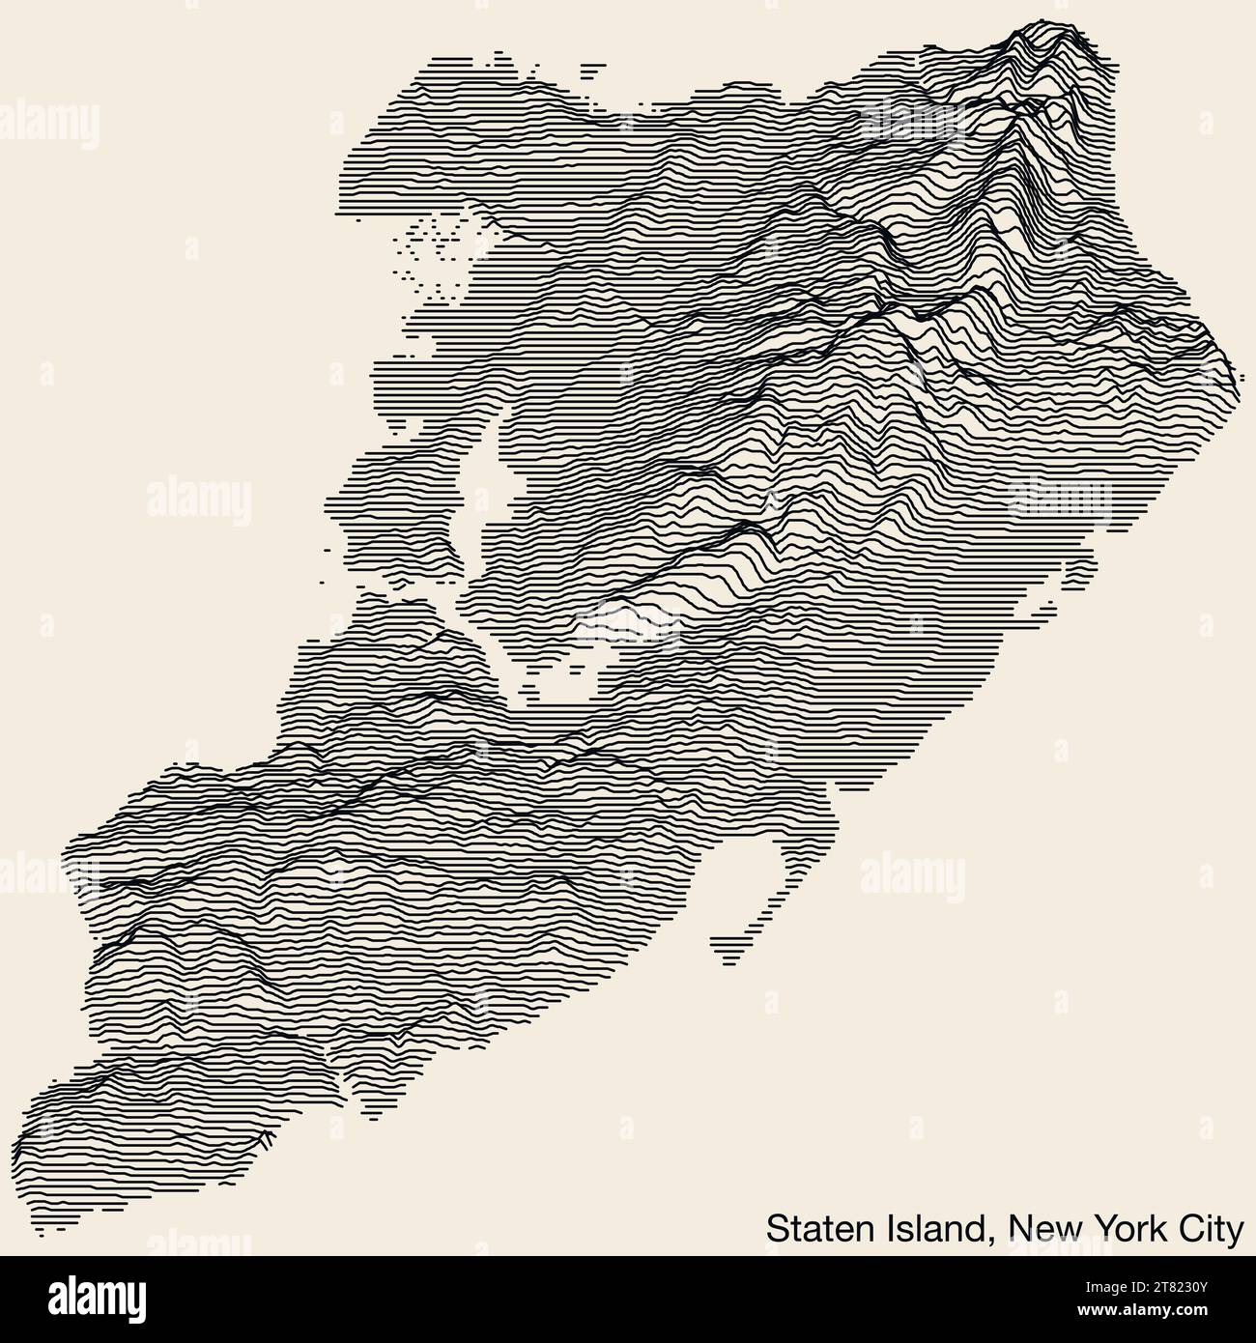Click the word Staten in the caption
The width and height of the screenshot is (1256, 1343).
click(x=814, y=1229)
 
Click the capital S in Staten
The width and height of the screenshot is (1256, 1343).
click(x=776, y=1229)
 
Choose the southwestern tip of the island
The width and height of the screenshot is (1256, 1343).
click(x=43, y=1222)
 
